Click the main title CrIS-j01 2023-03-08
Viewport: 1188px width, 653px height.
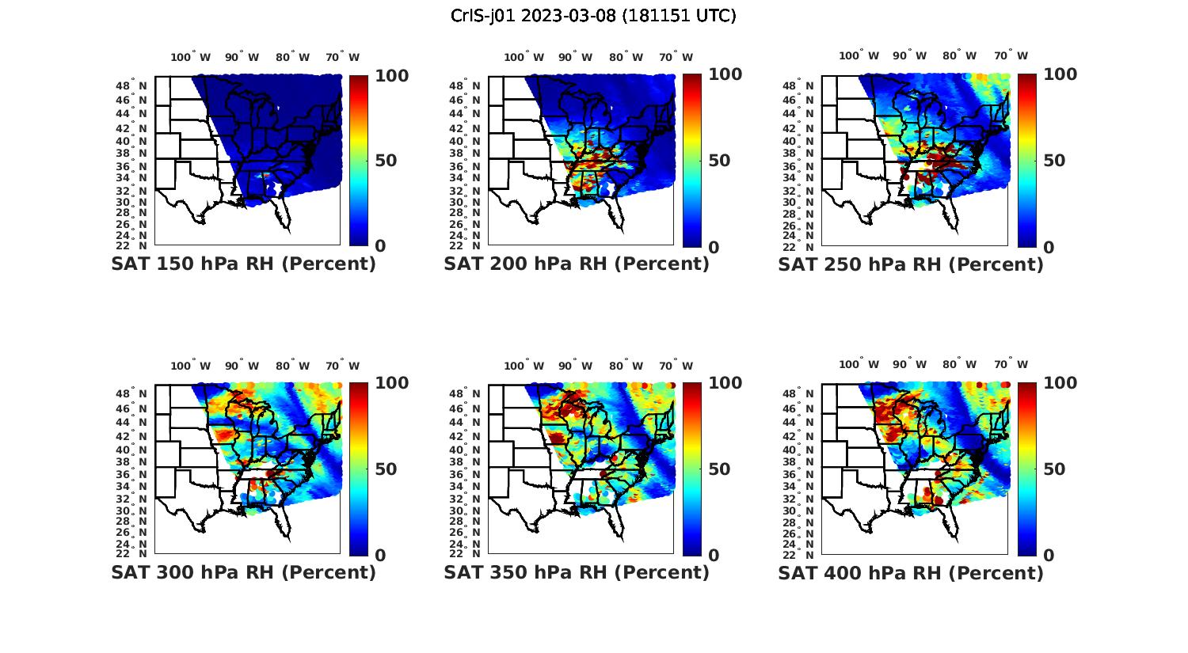tap(593, 16)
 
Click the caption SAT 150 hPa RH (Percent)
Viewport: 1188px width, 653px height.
tap(243, 264)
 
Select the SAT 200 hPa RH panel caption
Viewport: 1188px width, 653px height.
tap(577, 264)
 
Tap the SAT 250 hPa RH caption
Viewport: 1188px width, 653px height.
tap(911, 264)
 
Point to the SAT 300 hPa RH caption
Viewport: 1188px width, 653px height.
tap(243, 572)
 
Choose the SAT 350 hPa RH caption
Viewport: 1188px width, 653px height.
tap(577, 572)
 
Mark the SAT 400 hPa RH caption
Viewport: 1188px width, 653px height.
tap(911, 572)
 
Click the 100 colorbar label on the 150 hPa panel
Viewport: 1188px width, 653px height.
tap(391, 76)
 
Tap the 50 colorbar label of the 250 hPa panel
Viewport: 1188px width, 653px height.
tap(1053, 161)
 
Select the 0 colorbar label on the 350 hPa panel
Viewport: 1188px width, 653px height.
tap(714, 556)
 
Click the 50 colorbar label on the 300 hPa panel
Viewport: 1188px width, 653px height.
tap(386, 469)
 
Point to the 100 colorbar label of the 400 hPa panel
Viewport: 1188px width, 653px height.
tap(1060, 383)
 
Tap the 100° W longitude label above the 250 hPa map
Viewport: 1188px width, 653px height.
tap(859, 55)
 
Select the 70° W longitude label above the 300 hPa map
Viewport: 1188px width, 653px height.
tap(342, 366)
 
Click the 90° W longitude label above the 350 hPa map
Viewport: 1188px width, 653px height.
tap(575, 366)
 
